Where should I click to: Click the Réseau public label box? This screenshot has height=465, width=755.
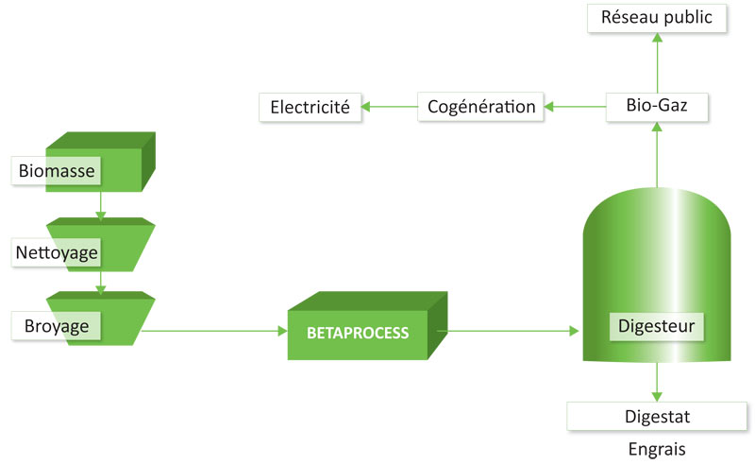(657, 18)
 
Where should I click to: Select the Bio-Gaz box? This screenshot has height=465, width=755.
(657, 107)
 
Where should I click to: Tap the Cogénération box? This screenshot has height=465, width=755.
(480, 107)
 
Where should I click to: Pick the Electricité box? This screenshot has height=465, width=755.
(310, 107)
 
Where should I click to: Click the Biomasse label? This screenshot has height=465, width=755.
(57, 171)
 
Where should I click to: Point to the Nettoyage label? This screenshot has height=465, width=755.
(57, 252)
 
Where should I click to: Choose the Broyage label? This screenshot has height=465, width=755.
(57, 326)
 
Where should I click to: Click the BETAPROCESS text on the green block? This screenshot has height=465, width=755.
(358, 333)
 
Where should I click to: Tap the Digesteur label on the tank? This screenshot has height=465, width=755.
(656, 327)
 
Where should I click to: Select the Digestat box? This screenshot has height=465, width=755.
(657, 416)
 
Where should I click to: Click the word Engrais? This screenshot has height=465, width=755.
(657, 449)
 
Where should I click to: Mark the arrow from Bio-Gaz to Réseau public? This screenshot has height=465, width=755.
(657, 62)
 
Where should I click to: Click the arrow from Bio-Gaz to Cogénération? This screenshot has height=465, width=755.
(575, 107)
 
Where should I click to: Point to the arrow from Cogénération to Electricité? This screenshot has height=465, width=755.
(389, 107)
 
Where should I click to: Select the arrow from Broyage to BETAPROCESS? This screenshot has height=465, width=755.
(215, 331)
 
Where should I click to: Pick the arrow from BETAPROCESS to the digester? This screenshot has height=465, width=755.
(508, 331)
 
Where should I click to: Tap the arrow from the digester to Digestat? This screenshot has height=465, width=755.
(657, 382)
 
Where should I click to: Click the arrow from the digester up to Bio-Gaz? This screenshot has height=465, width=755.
(657, 154)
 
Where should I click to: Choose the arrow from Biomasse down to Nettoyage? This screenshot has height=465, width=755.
(101, 206)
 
